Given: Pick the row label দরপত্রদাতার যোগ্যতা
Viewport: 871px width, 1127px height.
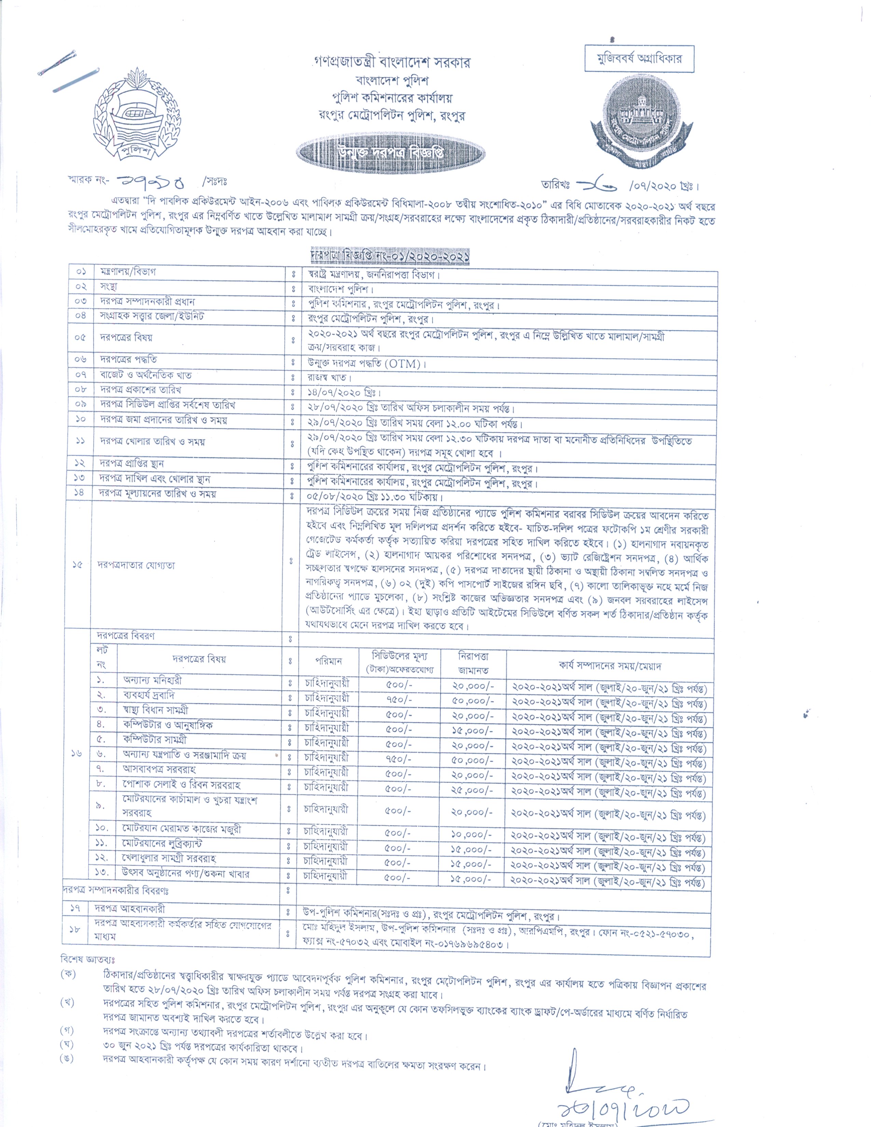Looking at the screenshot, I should tap(137, 565).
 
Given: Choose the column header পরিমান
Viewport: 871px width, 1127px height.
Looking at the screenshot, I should tap(328, 661).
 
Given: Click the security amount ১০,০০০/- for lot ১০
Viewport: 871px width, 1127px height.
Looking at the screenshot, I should tap(473, 834).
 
